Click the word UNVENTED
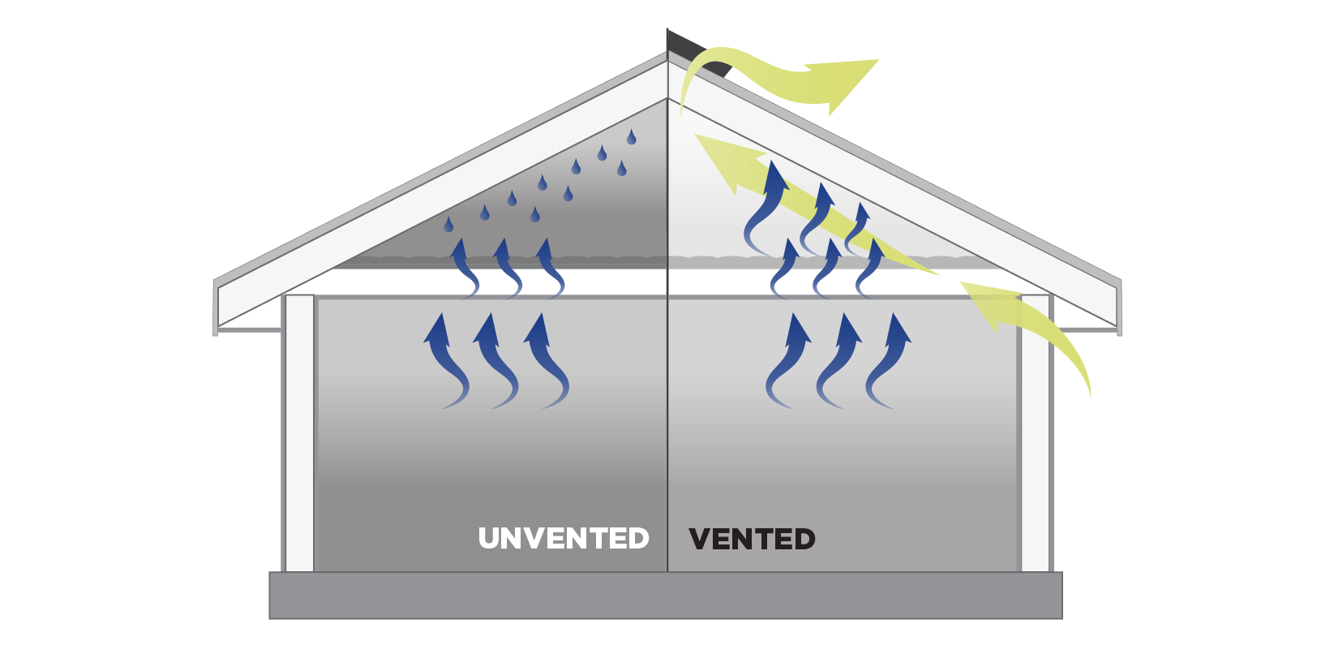pos(564,538)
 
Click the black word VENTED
pos(752,539)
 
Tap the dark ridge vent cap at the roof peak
pos(698,53)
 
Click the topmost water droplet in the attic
pos(631,137)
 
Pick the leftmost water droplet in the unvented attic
pos(448,225)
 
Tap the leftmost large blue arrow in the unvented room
pos(445,361)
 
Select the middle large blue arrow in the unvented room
pos(495,361)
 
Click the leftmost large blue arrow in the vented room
pos(788,361)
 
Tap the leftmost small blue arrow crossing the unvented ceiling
pos(465,269)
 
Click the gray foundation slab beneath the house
pos(666,596)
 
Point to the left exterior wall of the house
pos(299,433)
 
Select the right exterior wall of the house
pos(1036,433)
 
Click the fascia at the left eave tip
pos(215,308)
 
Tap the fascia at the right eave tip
pos(1120,308)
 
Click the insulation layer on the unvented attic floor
pos(500,262)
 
